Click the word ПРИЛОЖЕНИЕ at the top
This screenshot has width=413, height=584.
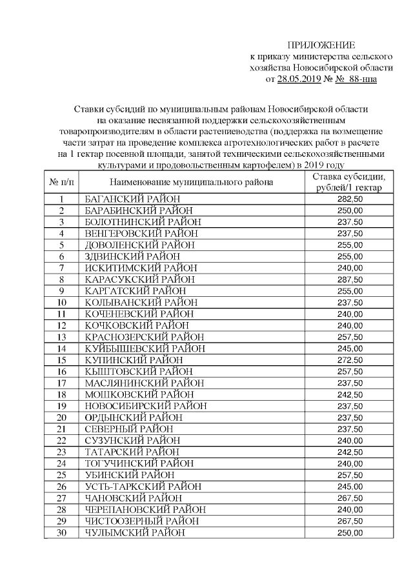pos(321,45)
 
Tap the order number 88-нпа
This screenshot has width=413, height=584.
pos(359,79)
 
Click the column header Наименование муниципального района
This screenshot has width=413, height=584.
pos(191,182)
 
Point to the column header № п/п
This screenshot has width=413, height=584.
pos(62,182)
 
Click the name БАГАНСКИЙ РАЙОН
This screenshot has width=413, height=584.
pos(132,199)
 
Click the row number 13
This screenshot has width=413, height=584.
pos(62,337)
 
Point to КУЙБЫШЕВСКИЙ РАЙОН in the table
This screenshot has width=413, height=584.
pos(145,348)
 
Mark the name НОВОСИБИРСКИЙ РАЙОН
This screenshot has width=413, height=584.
pos(146,406)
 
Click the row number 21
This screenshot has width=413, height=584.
pos(62,429)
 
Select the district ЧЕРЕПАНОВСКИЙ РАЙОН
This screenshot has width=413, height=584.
pos(145,510)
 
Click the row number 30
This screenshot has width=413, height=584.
pos(62,532)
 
